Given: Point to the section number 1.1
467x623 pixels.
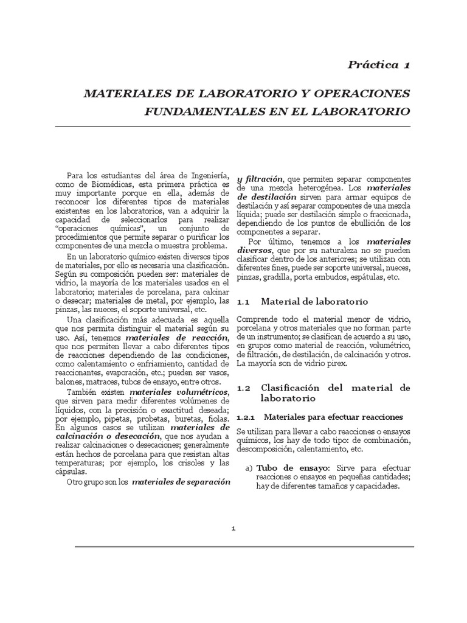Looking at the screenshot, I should (x=244, y=302).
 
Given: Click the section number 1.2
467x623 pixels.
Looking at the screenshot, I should (x=244, y=388).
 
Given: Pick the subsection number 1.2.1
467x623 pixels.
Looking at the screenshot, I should (x=245, y=417).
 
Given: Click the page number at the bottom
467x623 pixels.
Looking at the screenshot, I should (x=233, y=528).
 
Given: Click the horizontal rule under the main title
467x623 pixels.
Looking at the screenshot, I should (x=233, y=127).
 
